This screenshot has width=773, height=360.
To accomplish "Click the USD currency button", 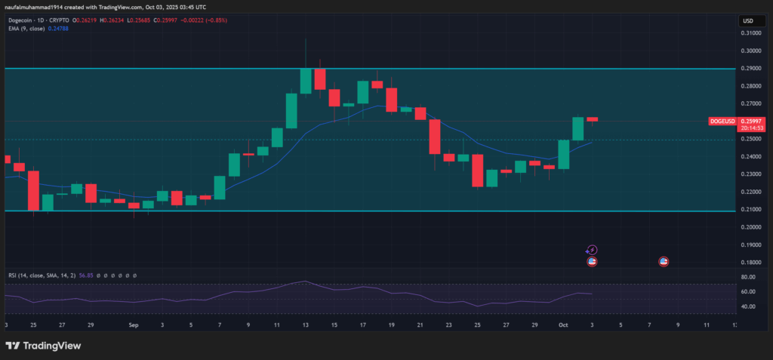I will tap(747, 20).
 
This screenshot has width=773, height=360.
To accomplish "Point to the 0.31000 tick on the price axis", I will tap(750, 34).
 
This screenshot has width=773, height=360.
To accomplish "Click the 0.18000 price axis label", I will tap(750, 263).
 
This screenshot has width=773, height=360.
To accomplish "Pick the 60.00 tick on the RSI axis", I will tap(747, 291).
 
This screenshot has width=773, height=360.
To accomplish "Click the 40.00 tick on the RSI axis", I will tap(747, 307).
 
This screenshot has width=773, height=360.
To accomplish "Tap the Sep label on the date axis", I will tap(134, 325).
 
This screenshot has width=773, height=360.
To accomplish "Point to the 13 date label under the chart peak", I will tap(305, 325).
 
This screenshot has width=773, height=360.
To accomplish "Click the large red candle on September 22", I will tap(434, 136).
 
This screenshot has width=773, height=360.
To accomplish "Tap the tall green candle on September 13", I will tap(306, 81).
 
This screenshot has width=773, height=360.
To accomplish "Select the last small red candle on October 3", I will tap(593, 119).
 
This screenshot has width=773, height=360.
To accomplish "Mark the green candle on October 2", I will tap(578, 128).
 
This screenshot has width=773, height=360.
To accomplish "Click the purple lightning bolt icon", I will tap(593, 250).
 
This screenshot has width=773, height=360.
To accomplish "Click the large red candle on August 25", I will tap(33, 190).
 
